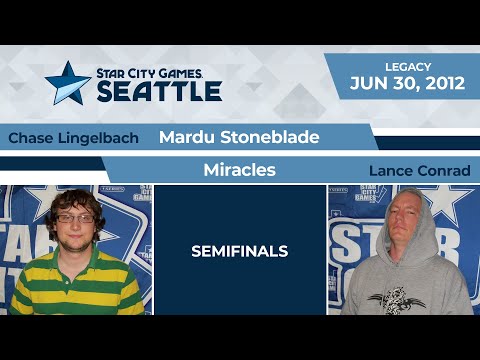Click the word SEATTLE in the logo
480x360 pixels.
tap(157, 90)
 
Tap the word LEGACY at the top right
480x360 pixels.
tap(407, 65)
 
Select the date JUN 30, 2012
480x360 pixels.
tap(407, 83)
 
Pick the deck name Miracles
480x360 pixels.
tap(239, 170)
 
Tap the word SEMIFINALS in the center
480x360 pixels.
tap(240, 251)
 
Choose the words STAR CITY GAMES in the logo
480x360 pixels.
tap(151, 71)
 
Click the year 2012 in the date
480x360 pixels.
tap(443, 83)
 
